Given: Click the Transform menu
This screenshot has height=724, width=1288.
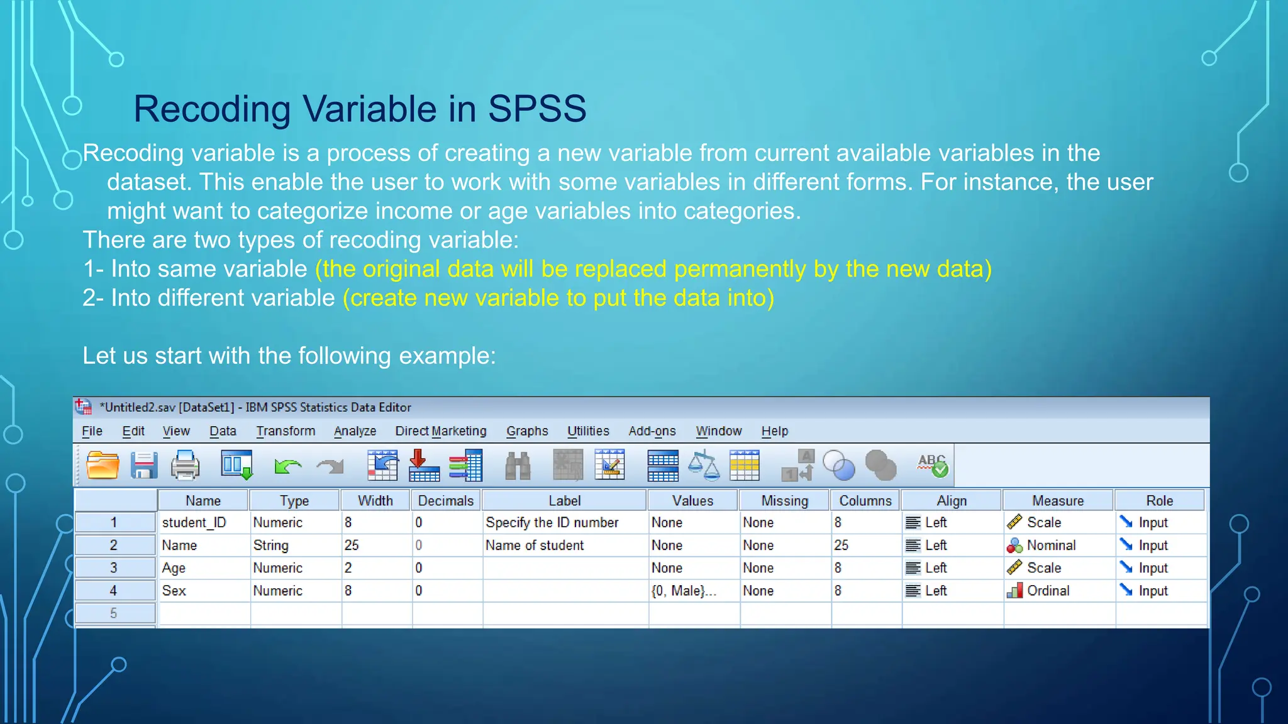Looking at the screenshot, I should (286, 431).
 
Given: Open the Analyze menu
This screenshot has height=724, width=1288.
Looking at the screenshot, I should (355, 431).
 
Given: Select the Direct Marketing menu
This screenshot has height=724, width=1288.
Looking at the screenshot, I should (441, 431).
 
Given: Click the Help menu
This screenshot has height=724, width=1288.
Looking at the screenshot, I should (774, 431).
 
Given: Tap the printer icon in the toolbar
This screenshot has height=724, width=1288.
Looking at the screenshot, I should (185, 466).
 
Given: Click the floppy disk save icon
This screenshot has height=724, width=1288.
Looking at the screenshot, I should (144, 466).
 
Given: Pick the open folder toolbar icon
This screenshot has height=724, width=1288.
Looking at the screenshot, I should (103, 466).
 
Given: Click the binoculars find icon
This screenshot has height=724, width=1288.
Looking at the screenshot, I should (518, 466).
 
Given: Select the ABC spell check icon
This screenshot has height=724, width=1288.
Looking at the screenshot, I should (932, 466).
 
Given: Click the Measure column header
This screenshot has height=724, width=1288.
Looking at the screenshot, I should (1058, 501).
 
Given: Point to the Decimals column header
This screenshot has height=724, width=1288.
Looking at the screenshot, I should (445, 501).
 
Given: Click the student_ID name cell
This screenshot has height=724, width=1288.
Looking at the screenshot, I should (194, 523).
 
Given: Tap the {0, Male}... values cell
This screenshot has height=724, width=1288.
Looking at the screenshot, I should (684, 591).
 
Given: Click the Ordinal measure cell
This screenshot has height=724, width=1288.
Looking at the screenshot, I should (1048, 591).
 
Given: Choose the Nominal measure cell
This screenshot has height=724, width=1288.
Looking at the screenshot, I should (1051, 546).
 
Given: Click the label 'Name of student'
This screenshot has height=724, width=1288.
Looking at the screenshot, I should (535, 546).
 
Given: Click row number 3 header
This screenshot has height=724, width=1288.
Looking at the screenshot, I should (114, 568).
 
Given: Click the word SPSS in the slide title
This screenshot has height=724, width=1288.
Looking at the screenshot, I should (536, 109).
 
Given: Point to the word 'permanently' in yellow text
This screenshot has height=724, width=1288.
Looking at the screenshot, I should (740, 269).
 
